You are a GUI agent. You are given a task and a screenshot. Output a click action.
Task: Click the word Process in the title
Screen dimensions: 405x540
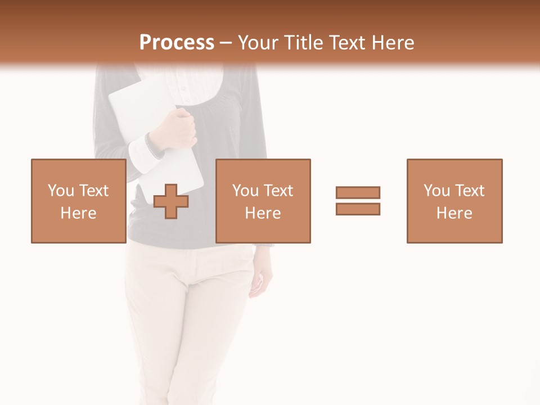(177, 43)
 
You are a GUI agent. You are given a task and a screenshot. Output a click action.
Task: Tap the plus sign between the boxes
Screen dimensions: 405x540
(172, 201)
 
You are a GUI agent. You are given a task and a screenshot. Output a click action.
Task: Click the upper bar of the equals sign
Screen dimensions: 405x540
(358, 192)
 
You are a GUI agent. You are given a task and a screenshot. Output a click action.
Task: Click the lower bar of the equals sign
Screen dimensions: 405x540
(358, 209)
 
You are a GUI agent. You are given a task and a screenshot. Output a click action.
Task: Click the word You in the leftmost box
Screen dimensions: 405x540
(60, 190)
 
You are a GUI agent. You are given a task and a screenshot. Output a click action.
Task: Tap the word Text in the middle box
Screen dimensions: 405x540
(278, 190)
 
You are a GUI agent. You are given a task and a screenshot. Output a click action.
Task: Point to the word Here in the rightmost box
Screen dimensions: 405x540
(454, 213)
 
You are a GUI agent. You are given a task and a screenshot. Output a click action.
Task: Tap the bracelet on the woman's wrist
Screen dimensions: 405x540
(152, 145)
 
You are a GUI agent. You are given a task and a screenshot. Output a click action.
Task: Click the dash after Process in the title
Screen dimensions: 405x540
(226, 43)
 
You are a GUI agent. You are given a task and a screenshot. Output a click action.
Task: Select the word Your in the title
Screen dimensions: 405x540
(258, 43)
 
